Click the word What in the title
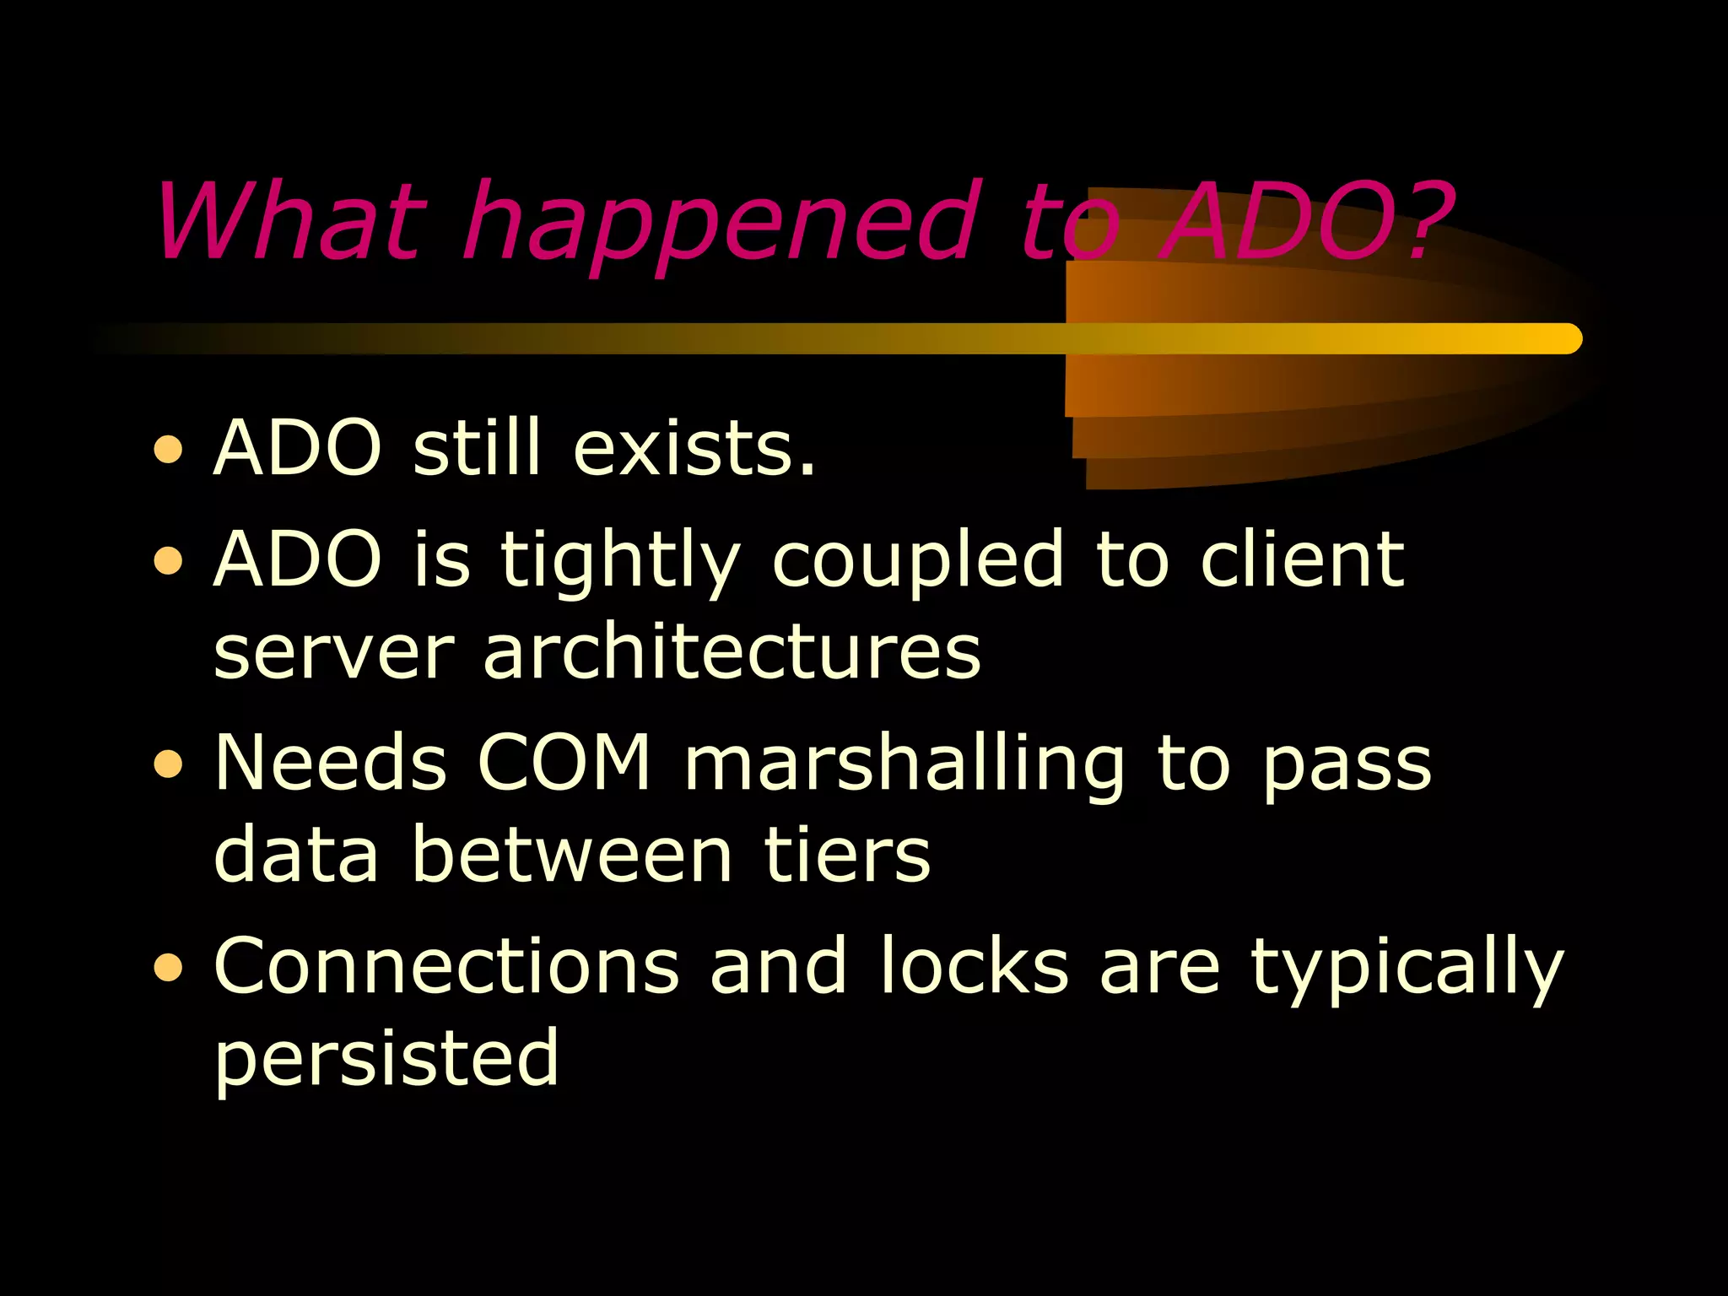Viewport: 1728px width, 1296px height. (287, 221)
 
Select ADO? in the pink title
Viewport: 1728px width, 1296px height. (1304, 221)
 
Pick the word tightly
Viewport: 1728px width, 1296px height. (620, 561)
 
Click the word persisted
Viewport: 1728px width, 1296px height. (386, 1058)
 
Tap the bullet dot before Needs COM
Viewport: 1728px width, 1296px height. (169, 764)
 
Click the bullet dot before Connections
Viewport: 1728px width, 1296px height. (169, 967)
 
